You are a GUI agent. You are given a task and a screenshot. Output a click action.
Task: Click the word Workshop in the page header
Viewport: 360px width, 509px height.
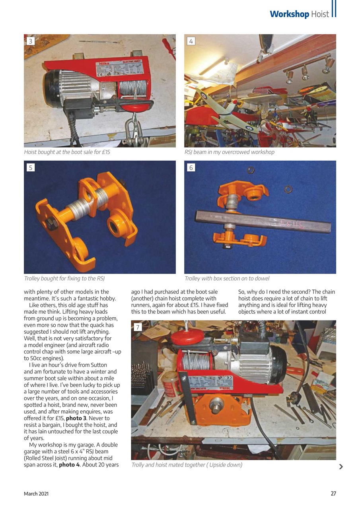[x=289, y=14]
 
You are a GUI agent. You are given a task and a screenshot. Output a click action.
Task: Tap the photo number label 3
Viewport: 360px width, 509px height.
[x=31, y=41]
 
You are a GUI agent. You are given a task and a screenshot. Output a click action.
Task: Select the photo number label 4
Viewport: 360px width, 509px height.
[x=191, y=41]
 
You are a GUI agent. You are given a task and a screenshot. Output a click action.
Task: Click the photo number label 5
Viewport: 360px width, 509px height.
[x=31, y=167]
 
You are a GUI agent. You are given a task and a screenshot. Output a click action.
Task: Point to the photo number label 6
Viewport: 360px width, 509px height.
[x=191, y=167]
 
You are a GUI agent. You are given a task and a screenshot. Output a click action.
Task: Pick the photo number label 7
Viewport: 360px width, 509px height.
[x=138, y=327]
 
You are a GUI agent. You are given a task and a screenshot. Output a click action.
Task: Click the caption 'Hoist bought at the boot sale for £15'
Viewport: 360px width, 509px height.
[x=67, y=152]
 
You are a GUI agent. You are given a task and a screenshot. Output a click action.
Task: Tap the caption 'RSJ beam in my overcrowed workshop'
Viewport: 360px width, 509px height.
[x=229, y=152]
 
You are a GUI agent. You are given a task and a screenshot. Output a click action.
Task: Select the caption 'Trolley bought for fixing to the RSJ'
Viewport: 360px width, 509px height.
[x=64, y=278]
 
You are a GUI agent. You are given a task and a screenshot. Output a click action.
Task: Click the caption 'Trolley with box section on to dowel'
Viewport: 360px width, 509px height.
[x=227, y=278]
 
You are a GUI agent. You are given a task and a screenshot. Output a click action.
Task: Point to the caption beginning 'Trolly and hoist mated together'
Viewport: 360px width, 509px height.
[x=187, y=464]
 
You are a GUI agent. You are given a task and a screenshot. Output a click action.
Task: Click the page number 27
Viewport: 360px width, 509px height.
[x=333, y=493]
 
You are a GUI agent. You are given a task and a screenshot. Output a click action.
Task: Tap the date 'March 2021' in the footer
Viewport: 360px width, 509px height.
[x=36, y=493]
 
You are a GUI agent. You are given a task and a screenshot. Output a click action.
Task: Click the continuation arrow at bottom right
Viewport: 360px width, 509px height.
[x=341, y=467]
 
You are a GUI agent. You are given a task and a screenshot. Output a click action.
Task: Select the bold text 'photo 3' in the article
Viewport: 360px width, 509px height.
[x=77, y=418]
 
